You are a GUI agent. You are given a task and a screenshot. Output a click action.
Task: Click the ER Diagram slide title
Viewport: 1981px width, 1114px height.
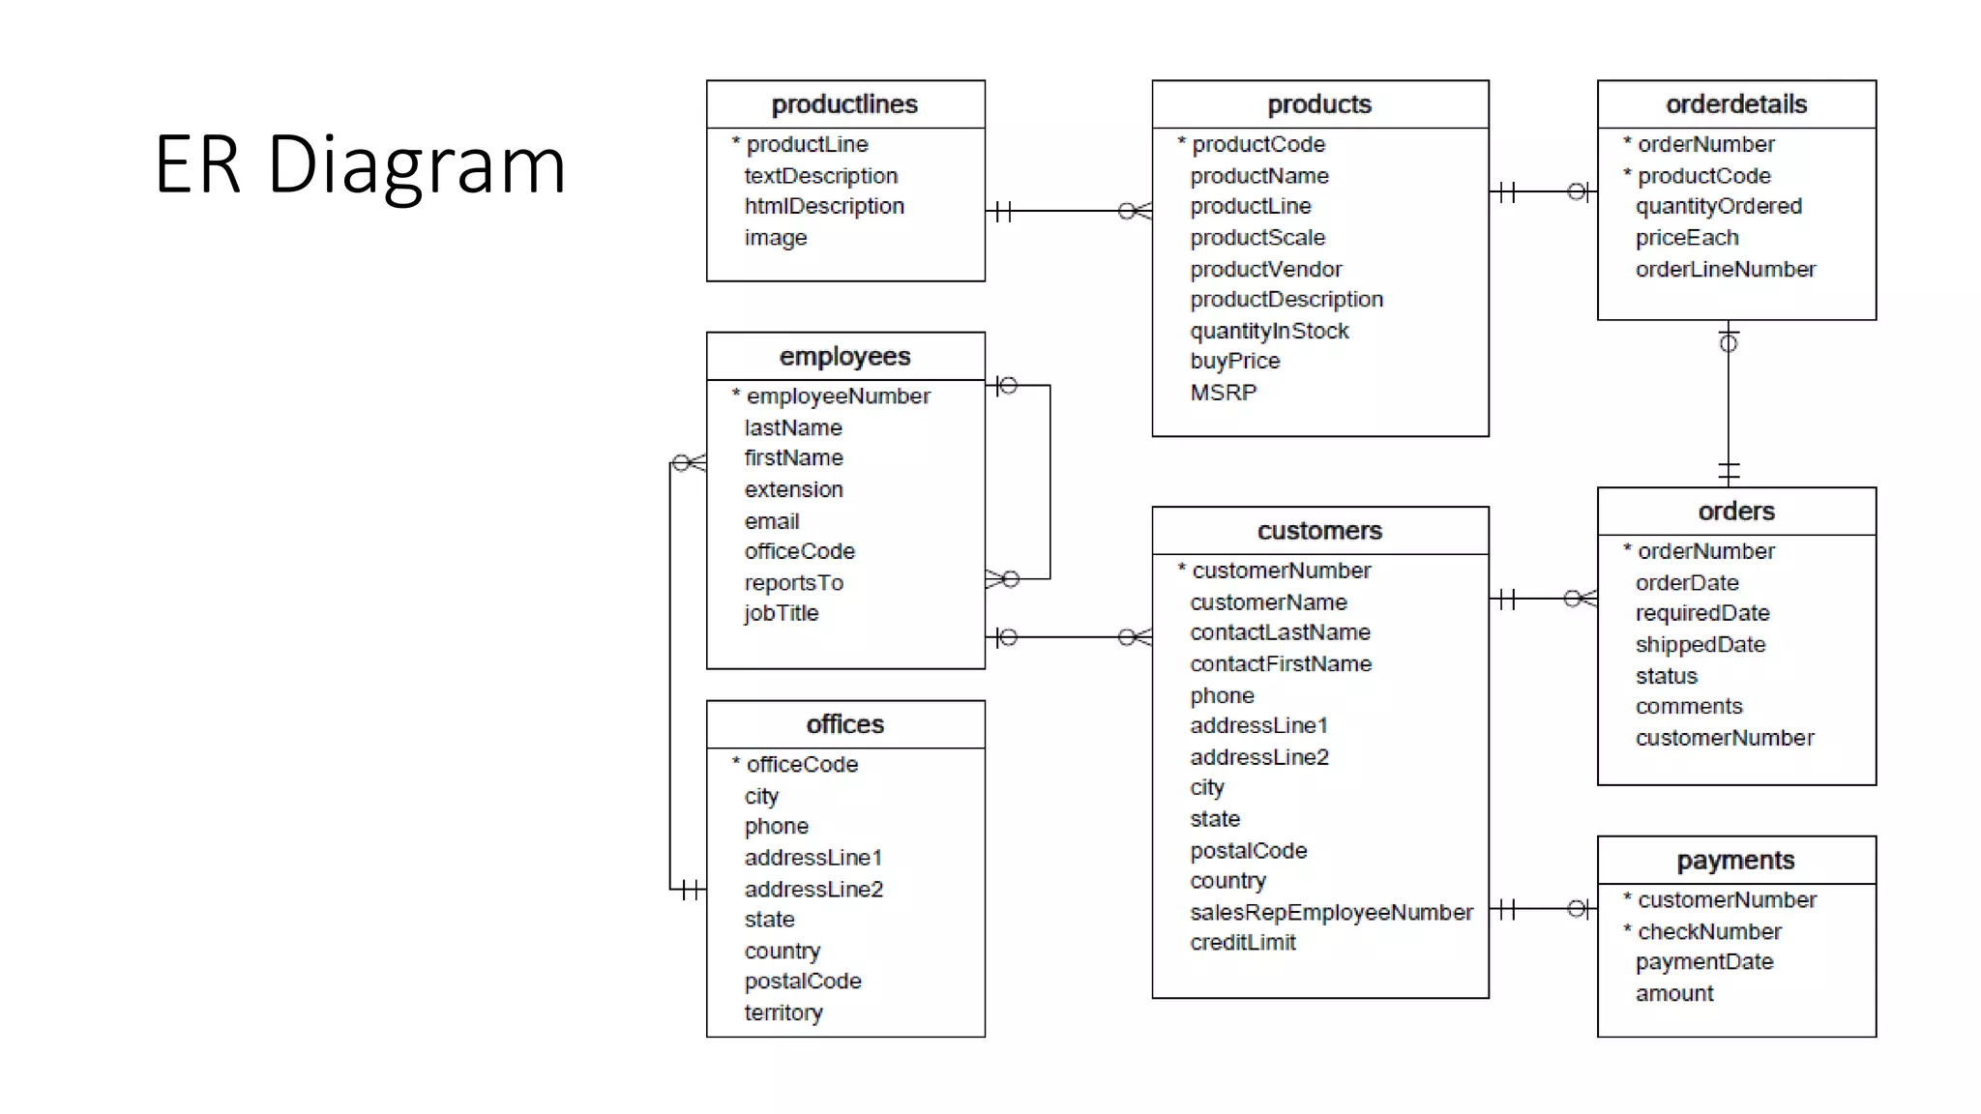360,164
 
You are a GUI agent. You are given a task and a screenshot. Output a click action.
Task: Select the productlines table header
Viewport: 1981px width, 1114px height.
844,104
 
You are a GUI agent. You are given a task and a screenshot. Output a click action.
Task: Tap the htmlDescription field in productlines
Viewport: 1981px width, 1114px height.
824,206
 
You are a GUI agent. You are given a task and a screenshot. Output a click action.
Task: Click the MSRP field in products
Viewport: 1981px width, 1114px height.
1223,393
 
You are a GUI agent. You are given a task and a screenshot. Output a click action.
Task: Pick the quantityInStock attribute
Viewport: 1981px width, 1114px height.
1269,331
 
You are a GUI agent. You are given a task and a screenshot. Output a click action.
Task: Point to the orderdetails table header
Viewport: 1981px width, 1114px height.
1735,104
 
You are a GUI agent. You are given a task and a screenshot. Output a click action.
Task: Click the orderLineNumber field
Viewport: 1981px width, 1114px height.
1725,269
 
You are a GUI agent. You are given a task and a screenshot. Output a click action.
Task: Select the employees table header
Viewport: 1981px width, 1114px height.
844,357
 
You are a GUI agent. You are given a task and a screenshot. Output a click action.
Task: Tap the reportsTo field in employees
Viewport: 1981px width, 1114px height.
793,583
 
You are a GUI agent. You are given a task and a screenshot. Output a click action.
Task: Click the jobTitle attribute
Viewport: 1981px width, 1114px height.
781,613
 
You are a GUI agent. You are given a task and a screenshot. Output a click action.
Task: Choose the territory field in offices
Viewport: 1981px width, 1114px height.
784,1012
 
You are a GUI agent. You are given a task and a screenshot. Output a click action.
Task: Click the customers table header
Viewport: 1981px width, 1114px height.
1319,531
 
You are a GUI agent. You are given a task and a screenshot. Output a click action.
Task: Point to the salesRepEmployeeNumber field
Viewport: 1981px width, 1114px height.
1331,912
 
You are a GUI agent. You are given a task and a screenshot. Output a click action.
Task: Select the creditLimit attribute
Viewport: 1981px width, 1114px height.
1242,942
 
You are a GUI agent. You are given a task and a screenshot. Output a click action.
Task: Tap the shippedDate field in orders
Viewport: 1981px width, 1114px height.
1700,644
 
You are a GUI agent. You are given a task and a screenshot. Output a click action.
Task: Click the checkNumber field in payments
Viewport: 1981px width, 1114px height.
1708,931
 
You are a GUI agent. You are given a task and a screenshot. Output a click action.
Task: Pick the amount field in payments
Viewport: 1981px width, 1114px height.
1673,993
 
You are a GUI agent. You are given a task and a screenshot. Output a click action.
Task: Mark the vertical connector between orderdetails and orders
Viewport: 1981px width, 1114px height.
1729,406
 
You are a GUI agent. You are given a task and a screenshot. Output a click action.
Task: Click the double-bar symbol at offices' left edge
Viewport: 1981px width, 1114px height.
691,889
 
